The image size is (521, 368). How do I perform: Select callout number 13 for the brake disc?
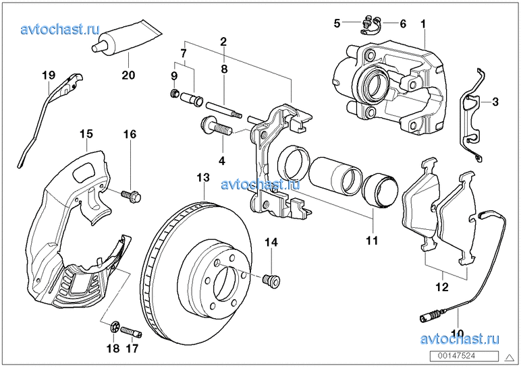203,178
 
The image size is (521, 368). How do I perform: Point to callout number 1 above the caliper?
423,24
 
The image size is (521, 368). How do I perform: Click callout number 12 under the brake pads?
441,287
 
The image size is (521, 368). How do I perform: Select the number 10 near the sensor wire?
457,333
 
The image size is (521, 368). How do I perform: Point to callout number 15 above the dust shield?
85,134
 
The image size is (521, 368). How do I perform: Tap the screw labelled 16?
130,196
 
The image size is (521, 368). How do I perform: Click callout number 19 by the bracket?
47,75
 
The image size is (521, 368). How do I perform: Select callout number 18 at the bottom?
112,348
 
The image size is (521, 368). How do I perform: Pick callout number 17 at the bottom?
132,348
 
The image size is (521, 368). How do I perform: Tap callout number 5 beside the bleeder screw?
337,24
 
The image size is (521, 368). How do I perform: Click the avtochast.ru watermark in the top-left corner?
60,29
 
